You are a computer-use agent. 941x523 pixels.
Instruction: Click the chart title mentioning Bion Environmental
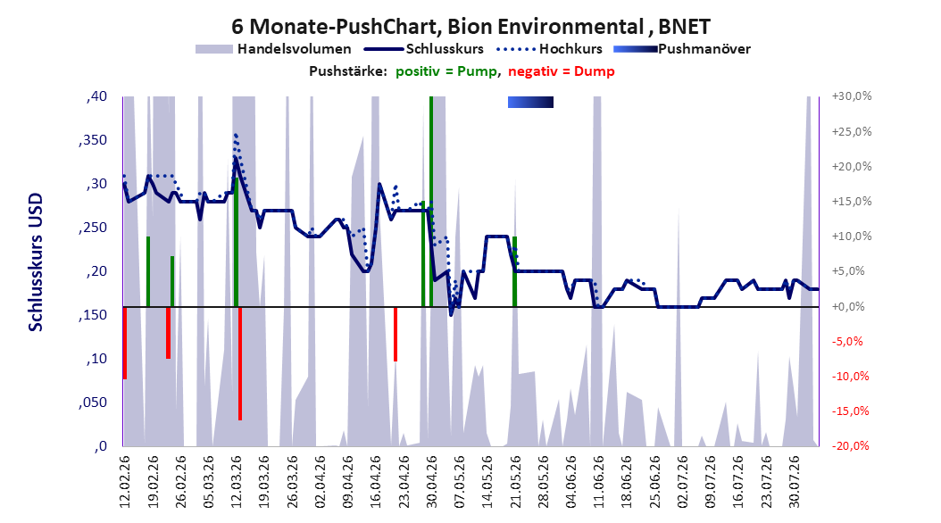coord(470,27)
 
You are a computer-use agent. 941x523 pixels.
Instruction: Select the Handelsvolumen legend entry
coord(274,49)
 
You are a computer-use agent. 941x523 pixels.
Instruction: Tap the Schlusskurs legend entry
coord(424,49)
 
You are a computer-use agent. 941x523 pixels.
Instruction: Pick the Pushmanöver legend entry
coord(682,49)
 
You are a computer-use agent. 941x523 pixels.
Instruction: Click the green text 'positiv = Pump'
coord(446,71)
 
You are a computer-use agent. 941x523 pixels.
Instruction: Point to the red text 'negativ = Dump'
coord(562,71)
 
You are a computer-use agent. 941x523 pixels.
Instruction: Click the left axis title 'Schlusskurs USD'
coord(36,262)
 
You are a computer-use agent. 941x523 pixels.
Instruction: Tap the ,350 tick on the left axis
coord(93,140)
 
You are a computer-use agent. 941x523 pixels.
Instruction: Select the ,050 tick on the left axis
coord(93,403)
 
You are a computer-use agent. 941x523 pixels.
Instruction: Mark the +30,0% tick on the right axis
coord(852,96)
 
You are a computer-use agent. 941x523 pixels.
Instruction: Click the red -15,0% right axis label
coord(850,411)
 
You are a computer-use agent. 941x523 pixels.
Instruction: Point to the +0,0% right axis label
coord(848,306)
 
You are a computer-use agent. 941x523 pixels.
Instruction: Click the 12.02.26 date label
coord(125,482)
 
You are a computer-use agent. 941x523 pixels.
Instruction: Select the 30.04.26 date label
coord(431,482)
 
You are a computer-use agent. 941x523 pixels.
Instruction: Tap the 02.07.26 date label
coord(682,482)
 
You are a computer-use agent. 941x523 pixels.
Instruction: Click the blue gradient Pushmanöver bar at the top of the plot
coord(530,103)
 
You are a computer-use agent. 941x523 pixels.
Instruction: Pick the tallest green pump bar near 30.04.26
coord(431,202)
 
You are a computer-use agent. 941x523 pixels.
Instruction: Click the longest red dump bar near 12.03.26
coord(240,363)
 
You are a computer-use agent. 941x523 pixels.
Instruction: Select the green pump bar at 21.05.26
coord(514,271)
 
